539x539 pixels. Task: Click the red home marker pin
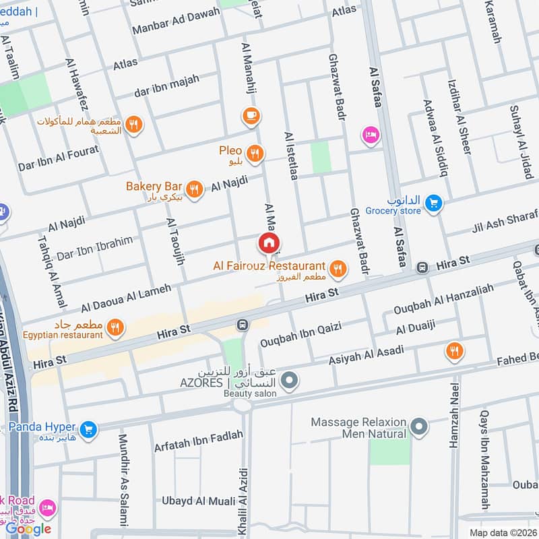[x=269, y=243]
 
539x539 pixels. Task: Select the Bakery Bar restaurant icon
[x=195, y=189]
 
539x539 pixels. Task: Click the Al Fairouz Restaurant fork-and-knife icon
[x=338, y=269]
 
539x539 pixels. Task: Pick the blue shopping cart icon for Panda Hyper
[x=88, y=429]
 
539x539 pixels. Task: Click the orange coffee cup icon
[x=251, y=116]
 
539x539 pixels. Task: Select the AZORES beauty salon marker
[x=290, y=381]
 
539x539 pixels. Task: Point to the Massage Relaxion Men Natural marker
[x=419, y=426]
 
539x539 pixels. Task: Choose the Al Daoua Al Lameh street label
[x=126, y=297]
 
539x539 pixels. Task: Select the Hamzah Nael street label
[x=453, y=416]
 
